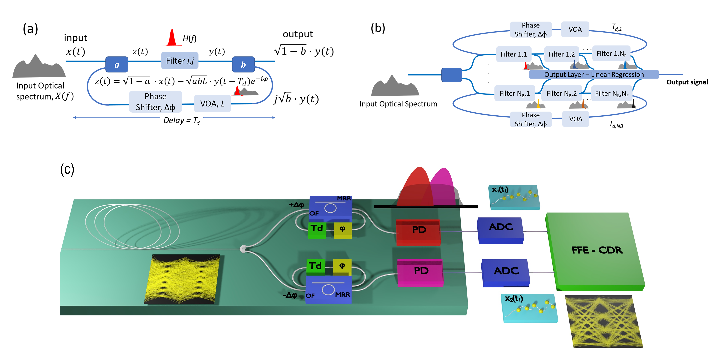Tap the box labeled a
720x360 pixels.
(117, 65)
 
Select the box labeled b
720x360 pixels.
(243, 65)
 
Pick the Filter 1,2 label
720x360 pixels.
(561, 54)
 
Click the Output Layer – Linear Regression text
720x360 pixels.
(594, 75)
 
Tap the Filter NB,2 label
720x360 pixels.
(561, 93)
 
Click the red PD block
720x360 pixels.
(418, 232)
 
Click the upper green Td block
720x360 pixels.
(317, 230)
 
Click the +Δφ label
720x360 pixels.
(296, 205)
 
